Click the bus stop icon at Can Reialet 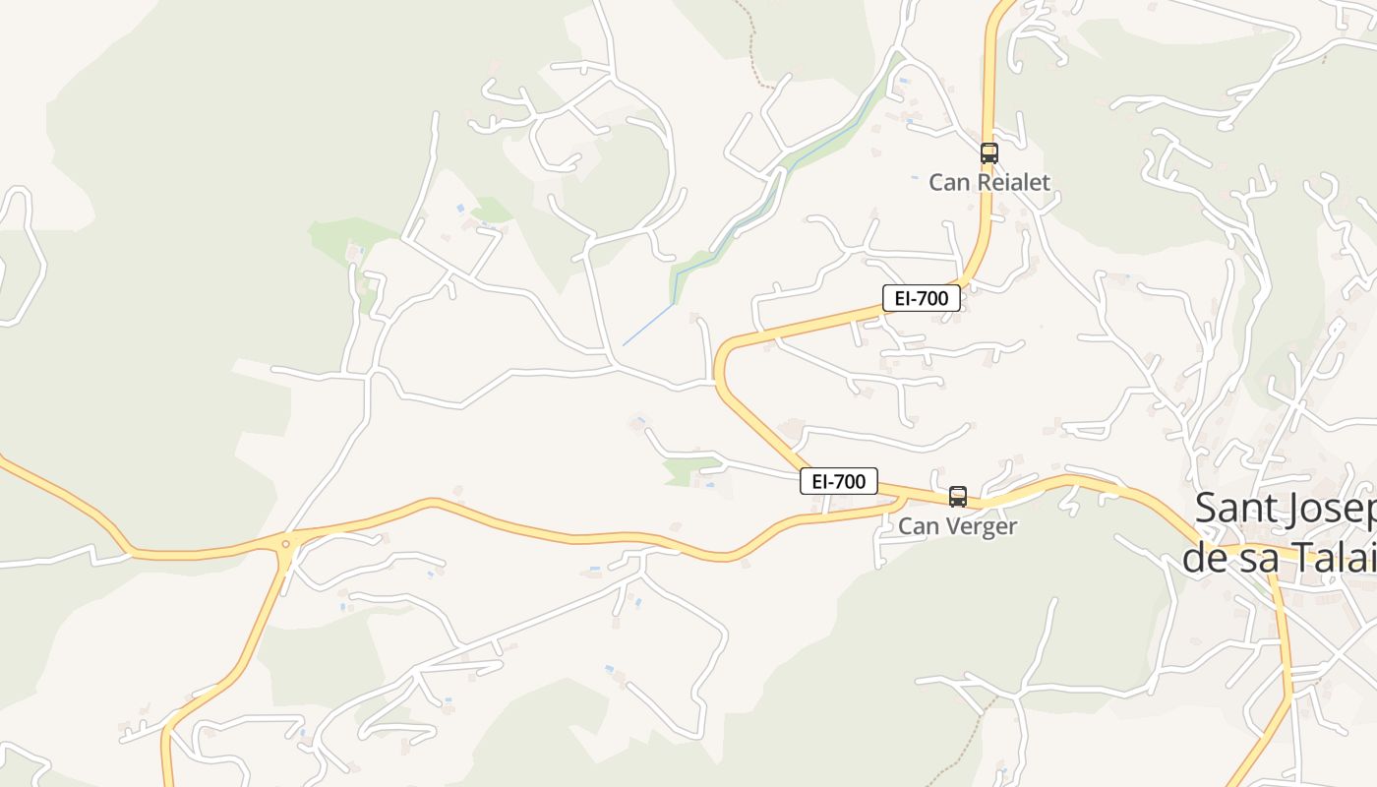pos(988,153)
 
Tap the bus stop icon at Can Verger pos(958,497)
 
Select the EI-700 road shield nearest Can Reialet pos(921,298)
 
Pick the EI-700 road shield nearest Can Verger pos(838,481)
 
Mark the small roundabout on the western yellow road pos(285,543)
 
